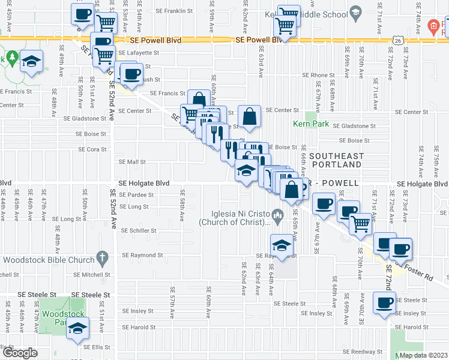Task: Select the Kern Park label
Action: pyautogui.click(x=307, y=125)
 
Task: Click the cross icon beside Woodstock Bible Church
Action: pyautogui.click(x=102, y=260)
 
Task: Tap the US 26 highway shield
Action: pyautogui.click(x=398, y=40)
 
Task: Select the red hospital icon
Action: pyautogui.click(x=432, y=26)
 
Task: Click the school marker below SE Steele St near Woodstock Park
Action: pyautogui.click(x=78, y=328)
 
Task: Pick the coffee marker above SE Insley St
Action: pyautogui.click(x=385, y=302)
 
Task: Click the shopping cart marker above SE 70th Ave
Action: pyautogui.click(x=361, y=222)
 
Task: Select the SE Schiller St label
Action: pyautogui.click(x=139, y=230)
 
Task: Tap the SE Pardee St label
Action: pyautogui.click(x=136, y=195)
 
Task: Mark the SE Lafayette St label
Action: pyautogui.click(x=139, y=52)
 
